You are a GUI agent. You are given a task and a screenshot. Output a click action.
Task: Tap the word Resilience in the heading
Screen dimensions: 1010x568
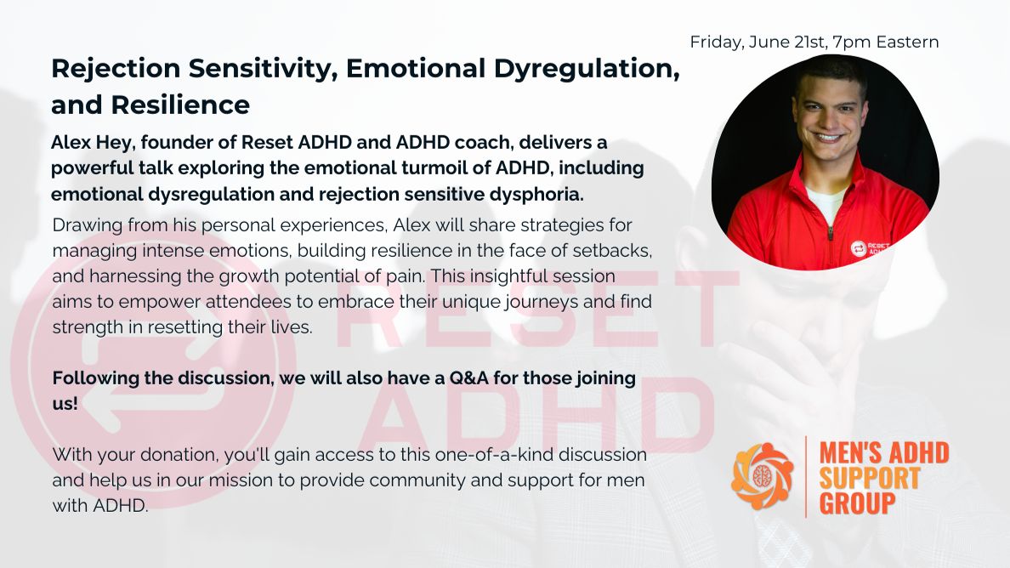pos(180,105)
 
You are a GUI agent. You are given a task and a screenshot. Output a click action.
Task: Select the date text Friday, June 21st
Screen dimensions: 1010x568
pos(759,43)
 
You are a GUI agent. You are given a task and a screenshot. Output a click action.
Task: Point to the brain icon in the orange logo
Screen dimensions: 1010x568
pos(763,476)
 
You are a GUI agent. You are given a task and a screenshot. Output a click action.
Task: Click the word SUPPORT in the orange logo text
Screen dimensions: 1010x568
pos(870,478)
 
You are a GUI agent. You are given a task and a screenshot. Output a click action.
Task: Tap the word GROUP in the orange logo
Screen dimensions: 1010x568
pos(857,503)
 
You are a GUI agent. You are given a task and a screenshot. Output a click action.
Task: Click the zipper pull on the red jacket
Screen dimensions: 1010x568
pos(831,232)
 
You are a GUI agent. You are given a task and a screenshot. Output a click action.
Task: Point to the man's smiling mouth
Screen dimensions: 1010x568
pos(828,138)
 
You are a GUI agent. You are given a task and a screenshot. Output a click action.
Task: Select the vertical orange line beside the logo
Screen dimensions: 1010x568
pos(806,476)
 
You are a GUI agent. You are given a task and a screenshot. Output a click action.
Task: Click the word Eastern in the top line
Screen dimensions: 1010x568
pos(908,43)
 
